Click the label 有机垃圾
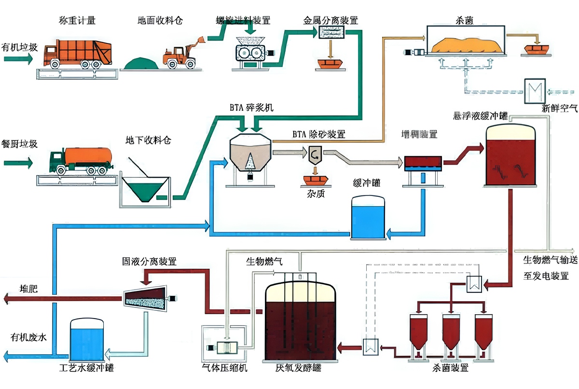coord(19,47)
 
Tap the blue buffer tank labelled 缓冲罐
coord(369,217)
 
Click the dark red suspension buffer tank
coord(511,157)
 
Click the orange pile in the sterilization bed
coord(466,45)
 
